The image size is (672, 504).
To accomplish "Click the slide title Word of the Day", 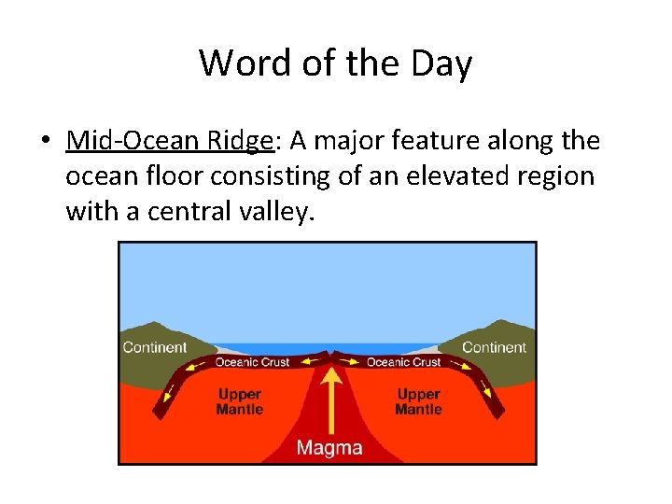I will (335, 63).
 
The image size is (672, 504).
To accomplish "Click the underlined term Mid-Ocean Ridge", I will (170, 141).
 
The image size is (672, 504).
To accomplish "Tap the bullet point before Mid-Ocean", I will (44, 142).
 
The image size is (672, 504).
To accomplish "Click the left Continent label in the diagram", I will (155, 347).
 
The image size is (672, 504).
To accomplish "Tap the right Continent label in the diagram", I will (494, 347).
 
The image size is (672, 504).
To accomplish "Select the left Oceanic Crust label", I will (252, 362).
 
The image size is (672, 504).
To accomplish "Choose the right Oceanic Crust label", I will (403, 362).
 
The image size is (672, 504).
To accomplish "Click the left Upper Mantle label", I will (240, 402).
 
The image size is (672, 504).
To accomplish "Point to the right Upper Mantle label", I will (418, 402).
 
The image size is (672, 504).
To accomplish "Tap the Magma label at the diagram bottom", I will (329, 448).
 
